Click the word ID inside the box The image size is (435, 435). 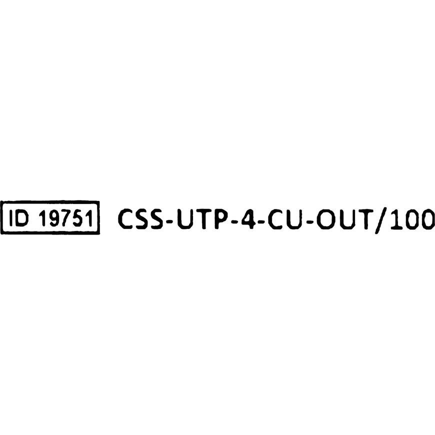point(18,218)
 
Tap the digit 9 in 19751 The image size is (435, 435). point(54,218)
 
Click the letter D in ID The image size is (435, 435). point(22,218)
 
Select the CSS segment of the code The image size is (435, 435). point(140,218)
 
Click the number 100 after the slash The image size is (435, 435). point(413,218)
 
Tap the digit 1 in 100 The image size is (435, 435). point(396,218)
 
